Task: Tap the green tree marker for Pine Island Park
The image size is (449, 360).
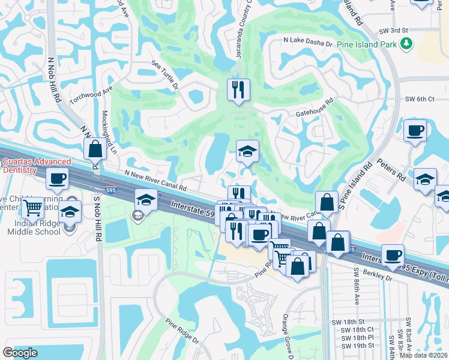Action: click(406, 43)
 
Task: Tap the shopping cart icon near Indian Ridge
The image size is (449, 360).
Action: click(34, 208)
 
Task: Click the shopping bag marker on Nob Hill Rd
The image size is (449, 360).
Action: click(95, 149)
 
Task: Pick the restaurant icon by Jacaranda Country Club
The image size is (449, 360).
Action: click(238, 91)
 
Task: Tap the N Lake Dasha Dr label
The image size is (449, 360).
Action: click(308, 41)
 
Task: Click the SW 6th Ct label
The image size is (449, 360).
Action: click(420, 99)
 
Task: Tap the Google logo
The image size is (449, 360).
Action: click(20, 352)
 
